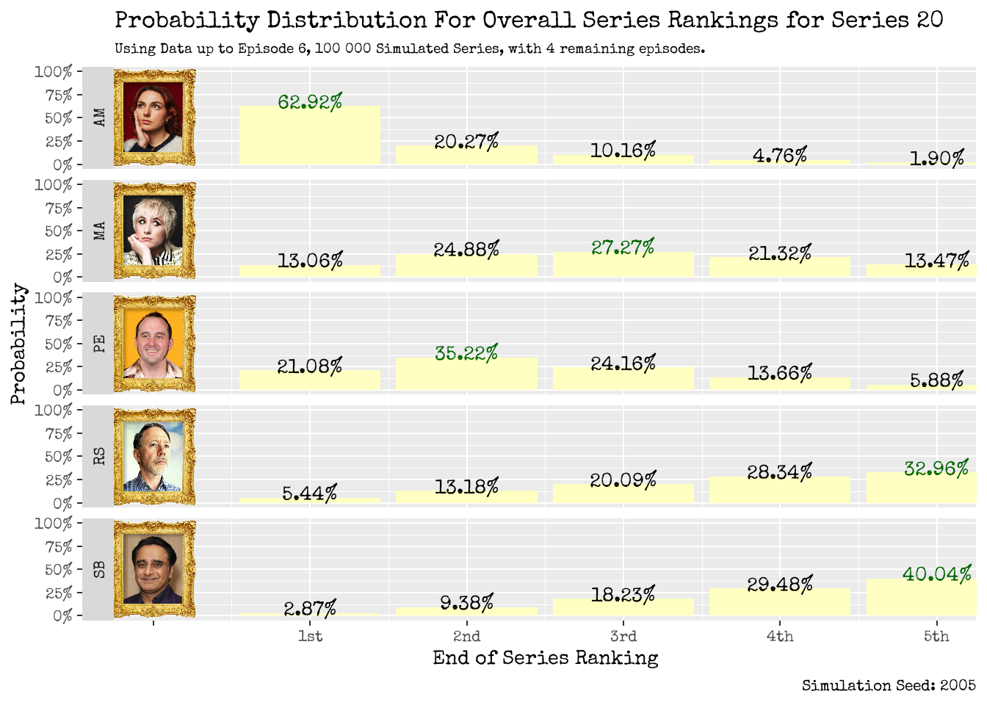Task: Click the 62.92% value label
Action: pos(310,102)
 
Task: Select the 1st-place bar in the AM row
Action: pos(310,136)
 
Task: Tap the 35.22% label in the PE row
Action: pos(466,353)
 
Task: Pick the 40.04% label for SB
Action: pos(937,574)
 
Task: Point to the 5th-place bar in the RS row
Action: pos(921,488)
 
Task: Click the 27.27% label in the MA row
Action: pos(623,247)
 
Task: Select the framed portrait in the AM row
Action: pos(154,117)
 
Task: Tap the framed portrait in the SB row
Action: pos(154,569)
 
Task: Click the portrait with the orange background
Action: pos(154,344)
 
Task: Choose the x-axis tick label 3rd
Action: pos(623,637)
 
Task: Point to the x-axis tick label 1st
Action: pos(310,637)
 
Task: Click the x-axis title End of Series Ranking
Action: pos(545,658)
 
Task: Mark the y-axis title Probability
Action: pos(18,344)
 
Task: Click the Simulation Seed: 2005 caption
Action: pos(889,686)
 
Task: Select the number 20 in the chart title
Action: pos(930,20)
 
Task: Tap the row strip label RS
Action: pos(99,456)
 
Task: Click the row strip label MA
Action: pos(99,231)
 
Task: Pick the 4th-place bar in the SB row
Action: pos(780,602)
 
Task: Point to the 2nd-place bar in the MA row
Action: pos(466,266)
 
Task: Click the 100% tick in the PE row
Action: pos(54,297)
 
